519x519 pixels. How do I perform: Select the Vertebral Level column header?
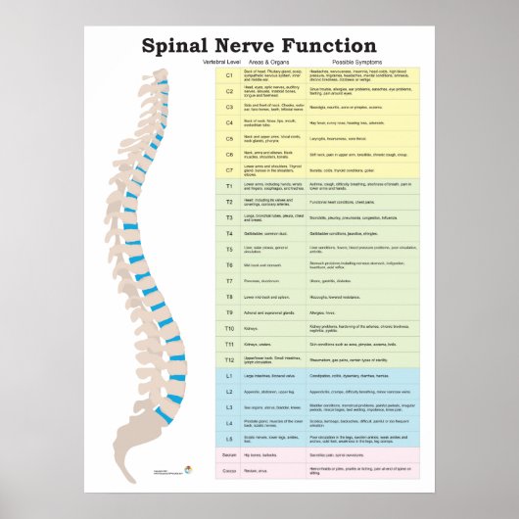(221, 62)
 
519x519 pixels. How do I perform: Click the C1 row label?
(229, 74)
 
